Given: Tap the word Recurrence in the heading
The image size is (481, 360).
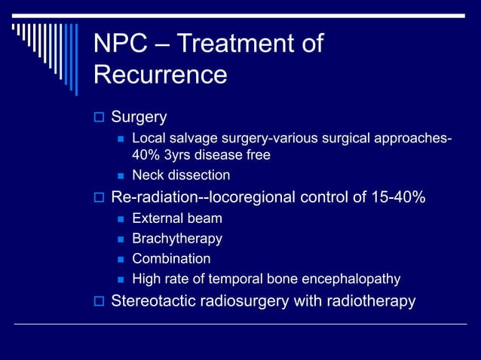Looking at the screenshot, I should tap(160, 75).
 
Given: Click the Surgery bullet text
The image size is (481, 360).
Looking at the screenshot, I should tap(139, 117).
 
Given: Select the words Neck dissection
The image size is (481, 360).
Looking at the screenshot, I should tap(181, 175).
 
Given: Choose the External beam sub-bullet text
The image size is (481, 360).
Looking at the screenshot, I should tap(177, 219).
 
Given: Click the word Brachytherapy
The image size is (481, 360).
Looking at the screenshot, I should tap(177, 239).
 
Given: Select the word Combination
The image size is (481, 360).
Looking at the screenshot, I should tap(171, 258).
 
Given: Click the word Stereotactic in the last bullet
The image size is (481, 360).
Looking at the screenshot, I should tap(155, 301).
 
